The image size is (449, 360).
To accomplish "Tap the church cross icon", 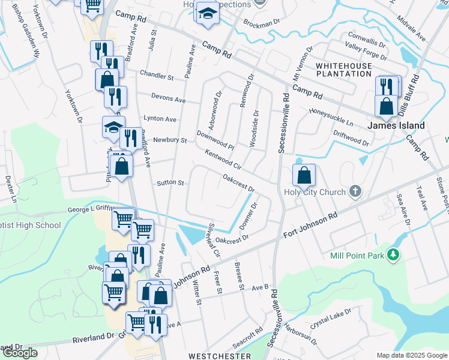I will pyautogui.click(x=355, y=192).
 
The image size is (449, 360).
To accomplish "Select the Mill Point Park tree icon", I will pyautogui.click(x=394, y=255).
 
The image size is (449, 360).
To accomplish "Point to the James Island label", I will pyautogui.click(x=396, y=125).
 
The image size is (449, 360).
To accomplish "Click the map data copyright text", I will pyautogui.click(x=412, y=355).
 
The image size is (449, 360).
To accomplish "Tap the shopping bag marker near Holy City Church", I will pyautogui.click(x=305, y=175).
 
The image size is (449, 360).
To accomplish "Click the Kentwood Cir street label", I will pyautogui.click(x=223, y=159).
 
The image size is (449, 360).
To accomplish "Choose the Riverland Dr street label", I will pyautogui.click(x=93, y=338).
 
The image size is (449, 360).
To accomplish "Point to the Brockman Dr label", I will pyautogui.click(x=262, y=23).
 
